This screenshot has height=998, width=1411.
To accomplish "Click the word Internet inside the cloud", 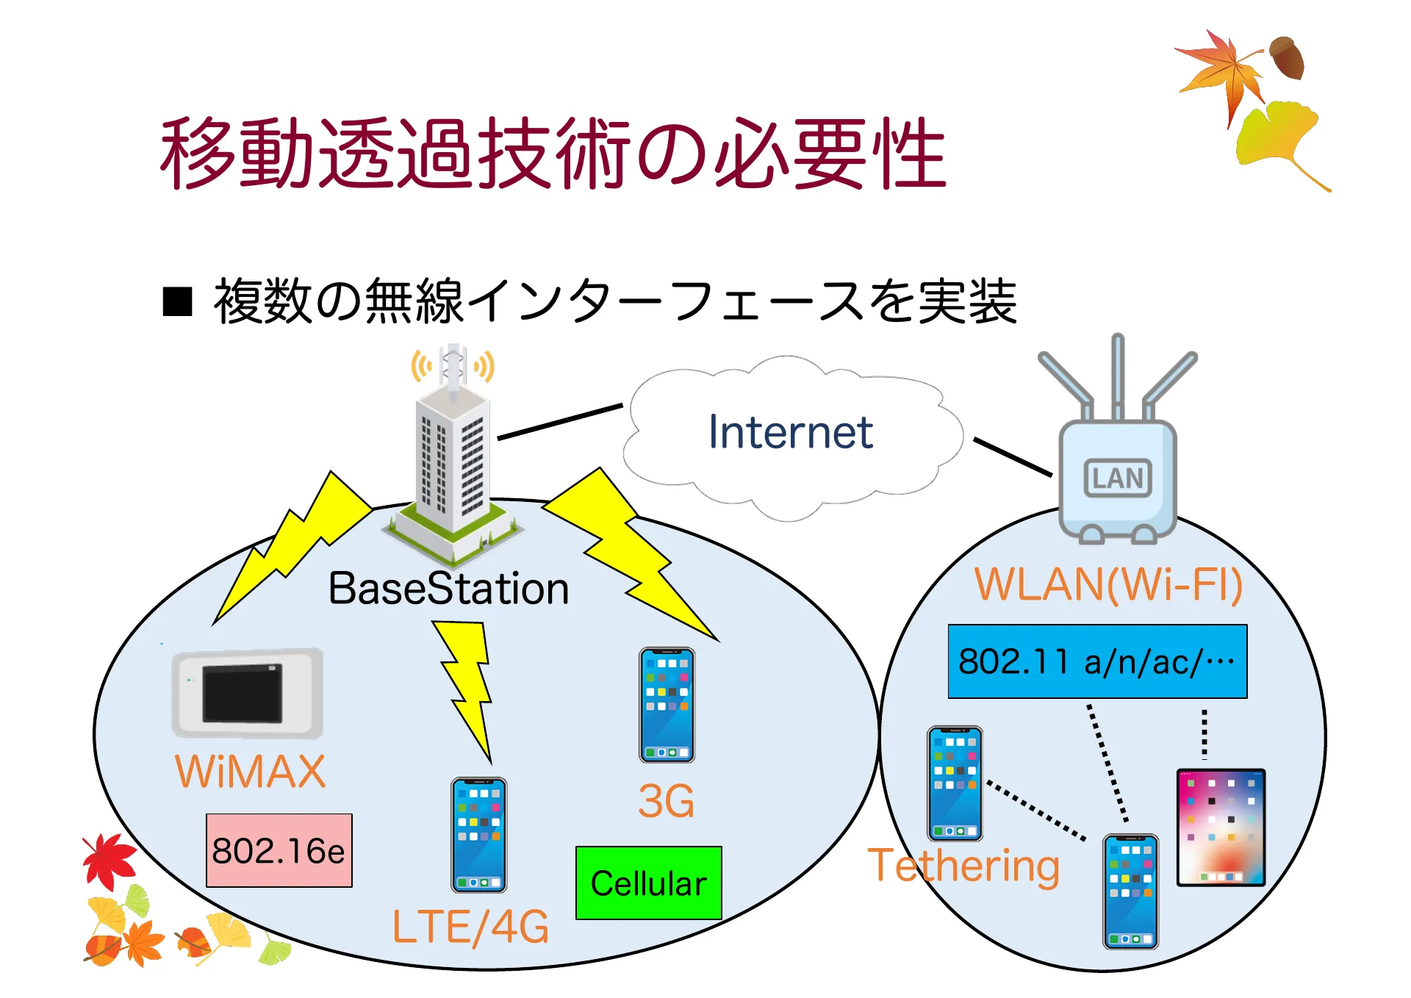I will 790,432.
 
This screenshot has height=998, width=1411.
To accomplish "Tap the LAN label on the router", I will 1117,478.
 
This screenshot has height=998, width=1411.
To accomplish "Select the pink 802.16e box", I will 279,850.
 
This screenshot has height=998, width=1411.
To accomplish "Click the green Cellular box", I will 648,883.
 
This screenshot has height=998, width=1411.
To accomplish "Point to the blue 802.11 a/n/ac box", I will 1096,661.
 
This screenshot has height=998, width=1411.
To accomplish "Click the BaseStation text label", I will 448,589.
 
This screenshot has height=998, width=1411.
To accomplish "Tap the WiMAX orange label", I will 250,772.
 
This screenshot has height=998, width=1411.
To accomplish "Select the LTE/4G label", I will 470,927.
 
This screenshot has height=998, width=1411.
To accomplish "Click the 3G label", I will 666,801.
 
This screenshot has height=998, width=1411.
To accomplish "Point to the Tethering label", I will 963,866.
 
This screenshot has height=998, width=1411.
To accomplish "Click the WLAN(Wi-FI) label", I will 1108,585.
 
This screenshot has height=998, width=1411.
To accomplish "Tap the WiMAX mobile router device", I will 248,692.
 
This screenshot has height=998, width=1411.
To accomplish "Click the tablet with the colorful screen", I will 1221,827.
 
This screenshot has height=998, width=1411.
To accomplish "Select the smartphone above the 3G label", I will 667,704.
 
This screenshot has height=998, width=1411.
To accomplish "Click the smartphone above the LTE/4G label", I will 478,834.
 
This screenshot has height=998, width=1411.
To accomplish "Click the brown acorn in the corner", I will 1288,57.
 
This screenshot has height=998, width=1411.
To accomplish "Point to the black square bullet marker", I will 177,301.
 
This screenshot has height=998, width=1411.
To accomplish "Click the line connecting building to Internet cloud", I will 560,422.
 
